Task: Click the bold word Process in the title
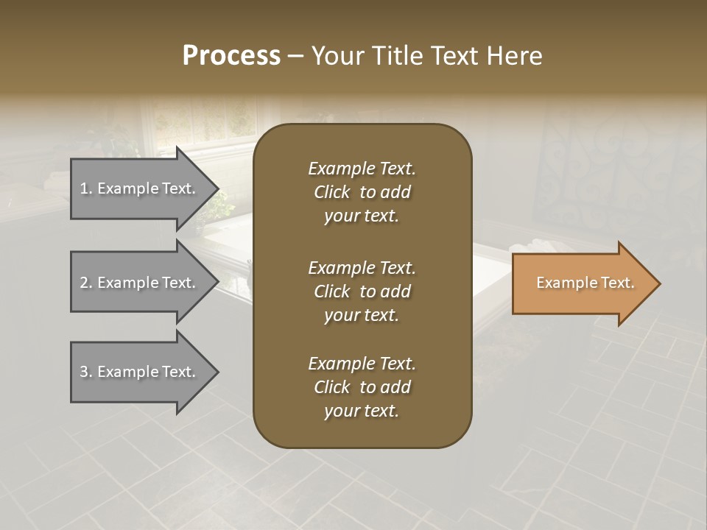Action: pos(231,55)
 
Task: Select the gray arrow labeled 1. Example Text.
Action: pos(140,188)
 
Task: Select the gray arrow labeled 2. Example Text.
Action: pos(140,283)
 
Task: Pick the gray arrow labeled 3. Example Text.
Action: pos(140,372)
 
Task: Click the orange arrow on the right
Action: pos(582,283)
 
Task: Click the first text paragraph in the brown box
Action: pos(362,192)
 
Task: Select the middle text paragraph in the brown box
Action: pos(362,291)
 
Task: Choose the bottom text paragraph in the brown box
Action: pos(362,387)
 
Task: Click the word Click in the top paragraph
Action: pos(332,192)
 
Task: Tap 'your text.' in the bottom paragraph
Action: pos(362,411)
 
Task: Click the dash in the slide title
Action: pos(295,56)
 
